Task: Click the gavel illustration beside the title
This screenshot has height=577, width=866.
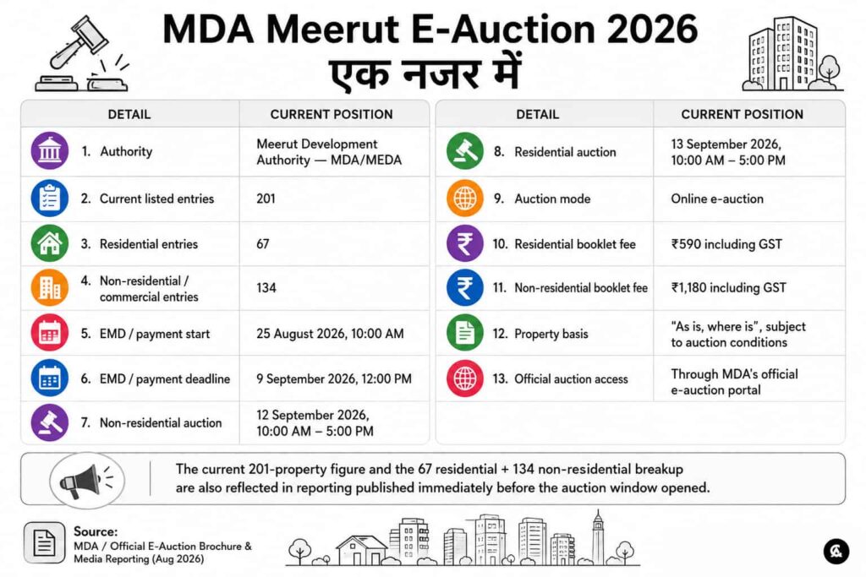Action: click(x=81, y=54)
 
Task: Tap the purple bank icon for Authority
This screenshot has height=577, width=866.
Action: click(x=50, y=150)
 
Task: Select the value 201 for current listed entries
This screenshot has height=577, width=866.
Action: click(x=266, y=199)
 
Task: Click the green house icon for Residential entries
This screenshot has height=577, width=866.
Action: click(x=50, y=243)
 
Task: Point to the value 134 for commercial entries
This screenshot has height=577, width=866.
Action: click(x=266, y=287)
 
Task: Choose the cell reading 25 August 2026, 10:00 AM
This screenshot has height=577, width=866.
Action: click(x=330, y=334)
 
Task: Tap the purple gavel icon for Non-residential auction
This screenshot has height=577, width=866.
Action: click(x=50, y=422)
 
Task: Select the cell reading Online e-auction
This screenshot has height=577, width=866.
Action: click(x=717, y=199)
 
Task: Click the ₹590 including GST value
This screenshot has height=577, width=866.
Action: click(x=726, y=244)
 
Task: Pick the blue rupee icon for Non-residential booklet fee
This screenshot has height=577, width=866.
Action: click(x=465, y=287)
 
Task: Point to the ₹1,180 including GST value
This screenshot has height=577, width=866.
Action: click(x=728, y=287)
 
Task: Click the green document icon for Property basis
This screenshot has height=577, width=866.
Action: click(x=465, y=333)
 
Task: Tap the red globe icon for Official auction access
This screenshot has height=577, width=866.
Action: click(x=465, y=378)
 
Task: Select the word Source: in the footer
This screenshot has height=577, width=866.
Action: click(x=96, y=531)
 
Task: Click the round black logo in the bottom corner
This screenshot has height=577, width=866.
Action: click(x=836, y=551)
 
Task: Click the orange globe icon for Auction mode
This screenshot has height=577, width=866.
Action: click(x=465, y=198)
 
